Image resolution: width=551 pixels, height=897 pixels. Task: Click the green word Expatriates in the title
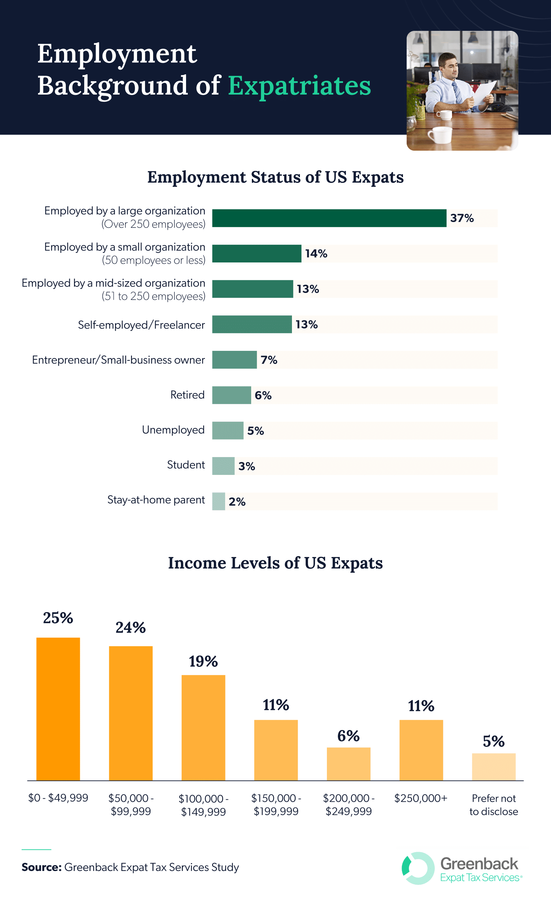(x=299, y=86)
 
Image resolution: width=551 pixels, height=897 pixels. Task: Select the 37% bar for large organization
(x=329, y=218)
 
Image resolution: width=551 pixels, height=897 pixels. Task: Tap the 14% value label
(x=316, y=254)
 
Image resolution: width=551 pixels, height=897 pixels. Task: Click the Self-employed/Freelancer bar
(x=252, y=324)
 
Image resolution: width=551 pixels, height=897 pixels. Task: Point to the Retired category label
(x=187, y=395)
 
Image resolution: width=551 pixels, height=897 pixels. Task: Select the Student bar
(x=223, y=466)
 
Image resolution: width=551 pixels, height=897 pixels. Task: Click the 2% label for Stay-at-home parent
(x=237, y=502)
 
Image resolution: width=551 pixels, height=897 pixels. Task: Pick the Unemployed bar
(x=228, y=431)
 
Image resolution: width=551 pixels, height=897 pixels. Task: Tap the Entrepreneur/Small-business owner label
(x=119, y=360)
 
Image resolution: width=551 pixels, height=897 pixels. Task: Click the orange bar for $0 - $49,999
(x=58, y=709)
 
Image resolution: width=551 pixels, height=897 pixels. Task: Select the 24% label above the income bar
(x=131, y=628)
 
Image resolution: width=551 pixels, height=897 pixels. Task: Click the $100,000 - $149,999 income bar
(x=203, y=728)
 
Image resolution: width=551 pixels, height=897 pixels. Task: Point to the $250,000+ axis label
(x=420, y=798)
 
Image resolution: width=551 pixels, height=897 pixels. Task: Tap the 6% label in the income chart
(x=348, y=736)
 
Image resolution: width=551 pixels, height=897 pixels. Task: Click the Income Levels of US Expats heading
(x=275, y=563)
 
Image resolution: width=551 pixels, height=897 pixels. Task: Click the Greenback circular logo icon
(x=418, y=868)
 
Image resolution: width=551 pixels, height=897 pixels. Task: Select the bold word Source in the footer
(x=41, y=867)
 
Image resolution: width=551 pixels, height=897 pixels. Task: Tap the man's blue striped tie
(x=457, y=92)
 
